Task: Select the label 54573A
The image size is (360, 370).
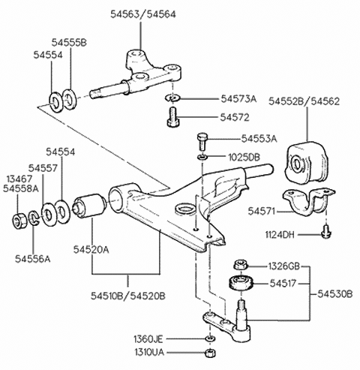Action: (x=238, y=98)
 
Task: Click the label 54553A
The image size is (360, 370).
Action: (x=259, y=139)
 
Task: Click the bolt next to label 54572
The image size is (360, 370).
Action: (x=172, y=116)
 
